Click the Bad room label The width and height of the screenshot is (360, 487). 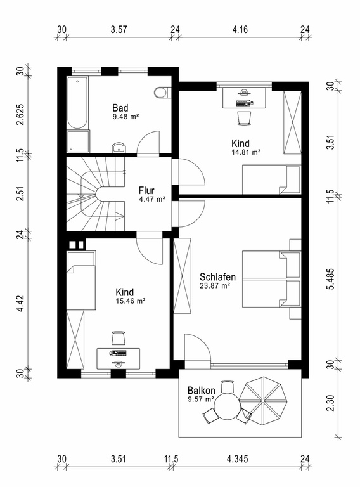(x=120, y=108)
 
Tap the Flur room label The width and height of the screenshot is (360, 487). (x=146, y=190)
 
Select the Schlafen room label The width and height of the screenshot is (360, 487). (x=217, y=276)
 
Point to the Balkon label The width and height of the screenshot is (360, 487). (x=202, y=391)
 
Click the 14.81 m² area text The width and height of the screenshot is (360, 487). (x=246, y=152)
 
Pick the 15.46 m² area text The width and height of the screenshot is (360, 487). (x=131, y=301)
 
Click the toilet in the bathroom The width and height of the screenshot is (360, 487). (x=162, y=92)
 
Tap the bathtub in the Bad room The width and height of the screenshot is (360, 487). (x=77, y=103)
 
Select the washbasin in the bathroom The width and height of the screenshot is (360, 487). (x=119, y=148)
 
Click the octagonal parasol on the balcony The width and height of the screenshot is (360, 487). (x=263, y=401)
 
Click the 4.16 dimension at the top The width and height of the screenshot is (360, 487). (x=240, y=30)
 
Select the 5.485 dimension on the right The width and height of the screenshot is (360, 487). (x=331, y=279)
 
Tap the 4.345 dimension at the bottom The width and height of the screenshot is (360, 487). (x=238, y=458)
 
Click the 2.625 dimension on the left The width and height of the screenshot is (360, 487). (x=20, y=114)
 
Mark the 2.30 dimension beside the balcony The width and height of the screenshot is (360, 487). (x=331, y=403)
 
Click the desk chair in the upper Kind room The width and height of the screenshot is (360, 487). (x=244, y=118)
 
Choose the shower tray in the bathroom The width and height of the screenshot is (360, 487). (x=78, y=141)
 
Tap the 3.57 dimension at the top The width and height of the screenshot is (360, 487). (x=119, y=30)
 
